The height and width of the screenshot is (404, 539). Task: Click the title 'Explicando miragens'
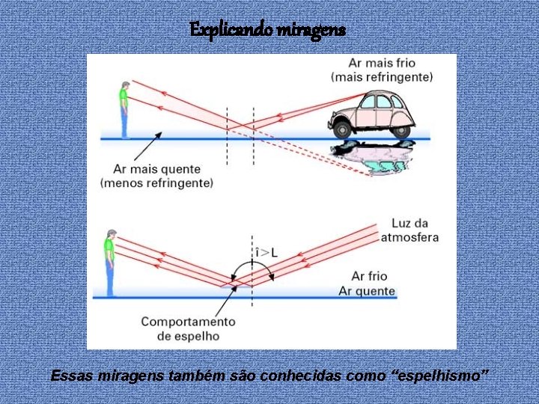coord(268,29)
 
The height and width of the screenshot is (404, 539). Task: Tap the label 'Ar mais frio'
coord(382,63)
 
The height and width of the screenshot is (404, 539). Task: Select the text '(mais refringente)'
coord(382,76)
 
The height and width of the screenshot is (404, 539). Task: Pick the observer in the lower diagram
coord(110,262)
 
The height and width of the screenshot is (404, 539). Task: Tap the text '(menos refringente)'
coord(156,183)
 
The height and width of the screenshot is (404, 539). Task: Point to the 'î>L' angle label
coord(266,253)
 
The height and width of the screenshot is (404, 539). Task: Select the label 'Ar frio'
coord(369,277)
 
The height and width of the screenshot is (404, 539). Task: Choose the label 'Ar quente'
coord(366,290)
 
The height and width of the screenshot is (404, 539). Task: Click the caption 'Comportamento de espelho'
coord(187,329)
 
